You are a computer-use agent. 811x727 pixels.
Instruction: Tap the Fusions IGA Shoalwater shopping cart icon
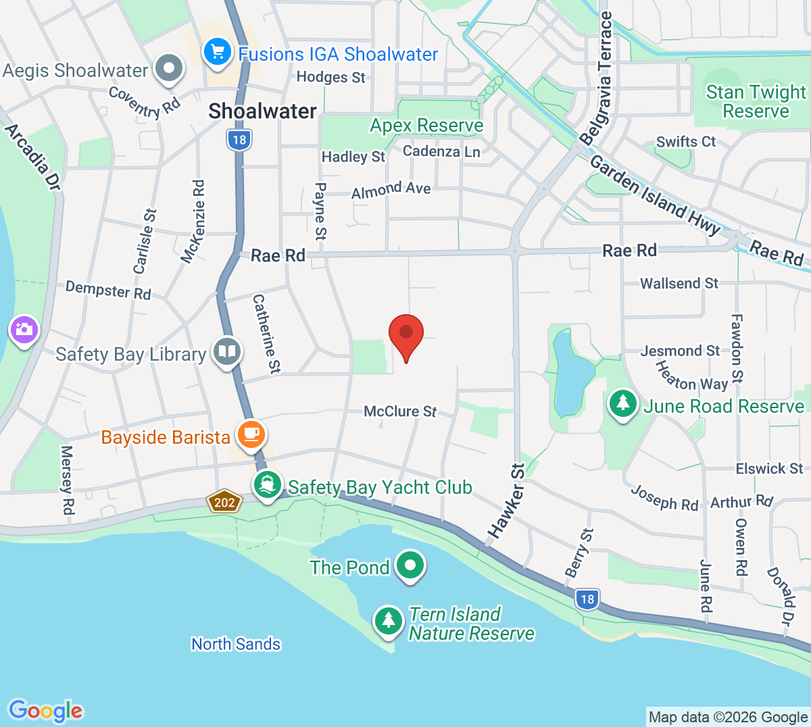pyautogui.click(x=218, y=52)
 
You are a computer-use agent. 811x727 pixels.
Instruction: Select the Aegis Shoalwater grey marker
pyautogui.click(x=169, y=68)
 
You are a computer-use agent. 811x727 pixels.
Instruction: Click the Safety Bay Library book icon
pyautogui.click(x=227, y=351)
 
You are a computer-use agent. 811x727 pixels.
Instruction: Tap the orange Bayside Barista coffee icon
pyautogui.click(x=251, y=433)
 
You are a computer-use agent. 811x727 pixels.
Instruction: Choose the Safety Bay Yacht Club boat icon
pyautogui.click(x=268, y=484)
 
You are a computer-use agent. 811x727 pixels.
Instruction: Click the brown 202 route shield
pyautogui.click(x=224, y=502)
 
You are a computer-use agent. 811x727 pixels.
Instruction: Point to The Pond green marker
pyautogui.click(x=410, y=565)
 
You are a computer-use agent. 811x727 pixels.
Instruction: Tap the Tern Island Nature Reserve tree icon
pyautogui.click(x=388, y=620)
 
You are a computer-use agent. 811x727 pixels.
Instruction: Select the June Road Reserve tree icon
pyautogui.click(x=622, y=403)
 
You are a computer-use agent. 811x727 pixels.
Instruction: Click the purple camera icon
pyautogui.click(x=24, y=330)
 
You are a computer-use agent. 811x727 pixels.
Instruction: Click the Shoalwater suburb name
pyautogui.click(x=262, y=111)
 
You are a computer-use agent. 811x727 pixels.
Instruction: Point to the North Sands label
pyautogui.click(x=236, y=644)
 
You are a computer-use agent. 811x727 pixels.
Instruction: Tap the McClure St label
pyautogui.click(x=400, y=411)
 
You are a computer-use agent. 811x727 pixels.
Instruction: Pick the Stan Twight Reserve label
pyautogui.click(x=756, y=101)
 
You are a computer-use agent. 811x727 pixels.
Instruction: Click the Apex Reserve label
pyautogui.click(x=426, y=126)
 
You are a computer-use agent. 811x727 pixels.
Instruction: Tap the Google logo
pyautogui.click(x=46, y=711)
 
